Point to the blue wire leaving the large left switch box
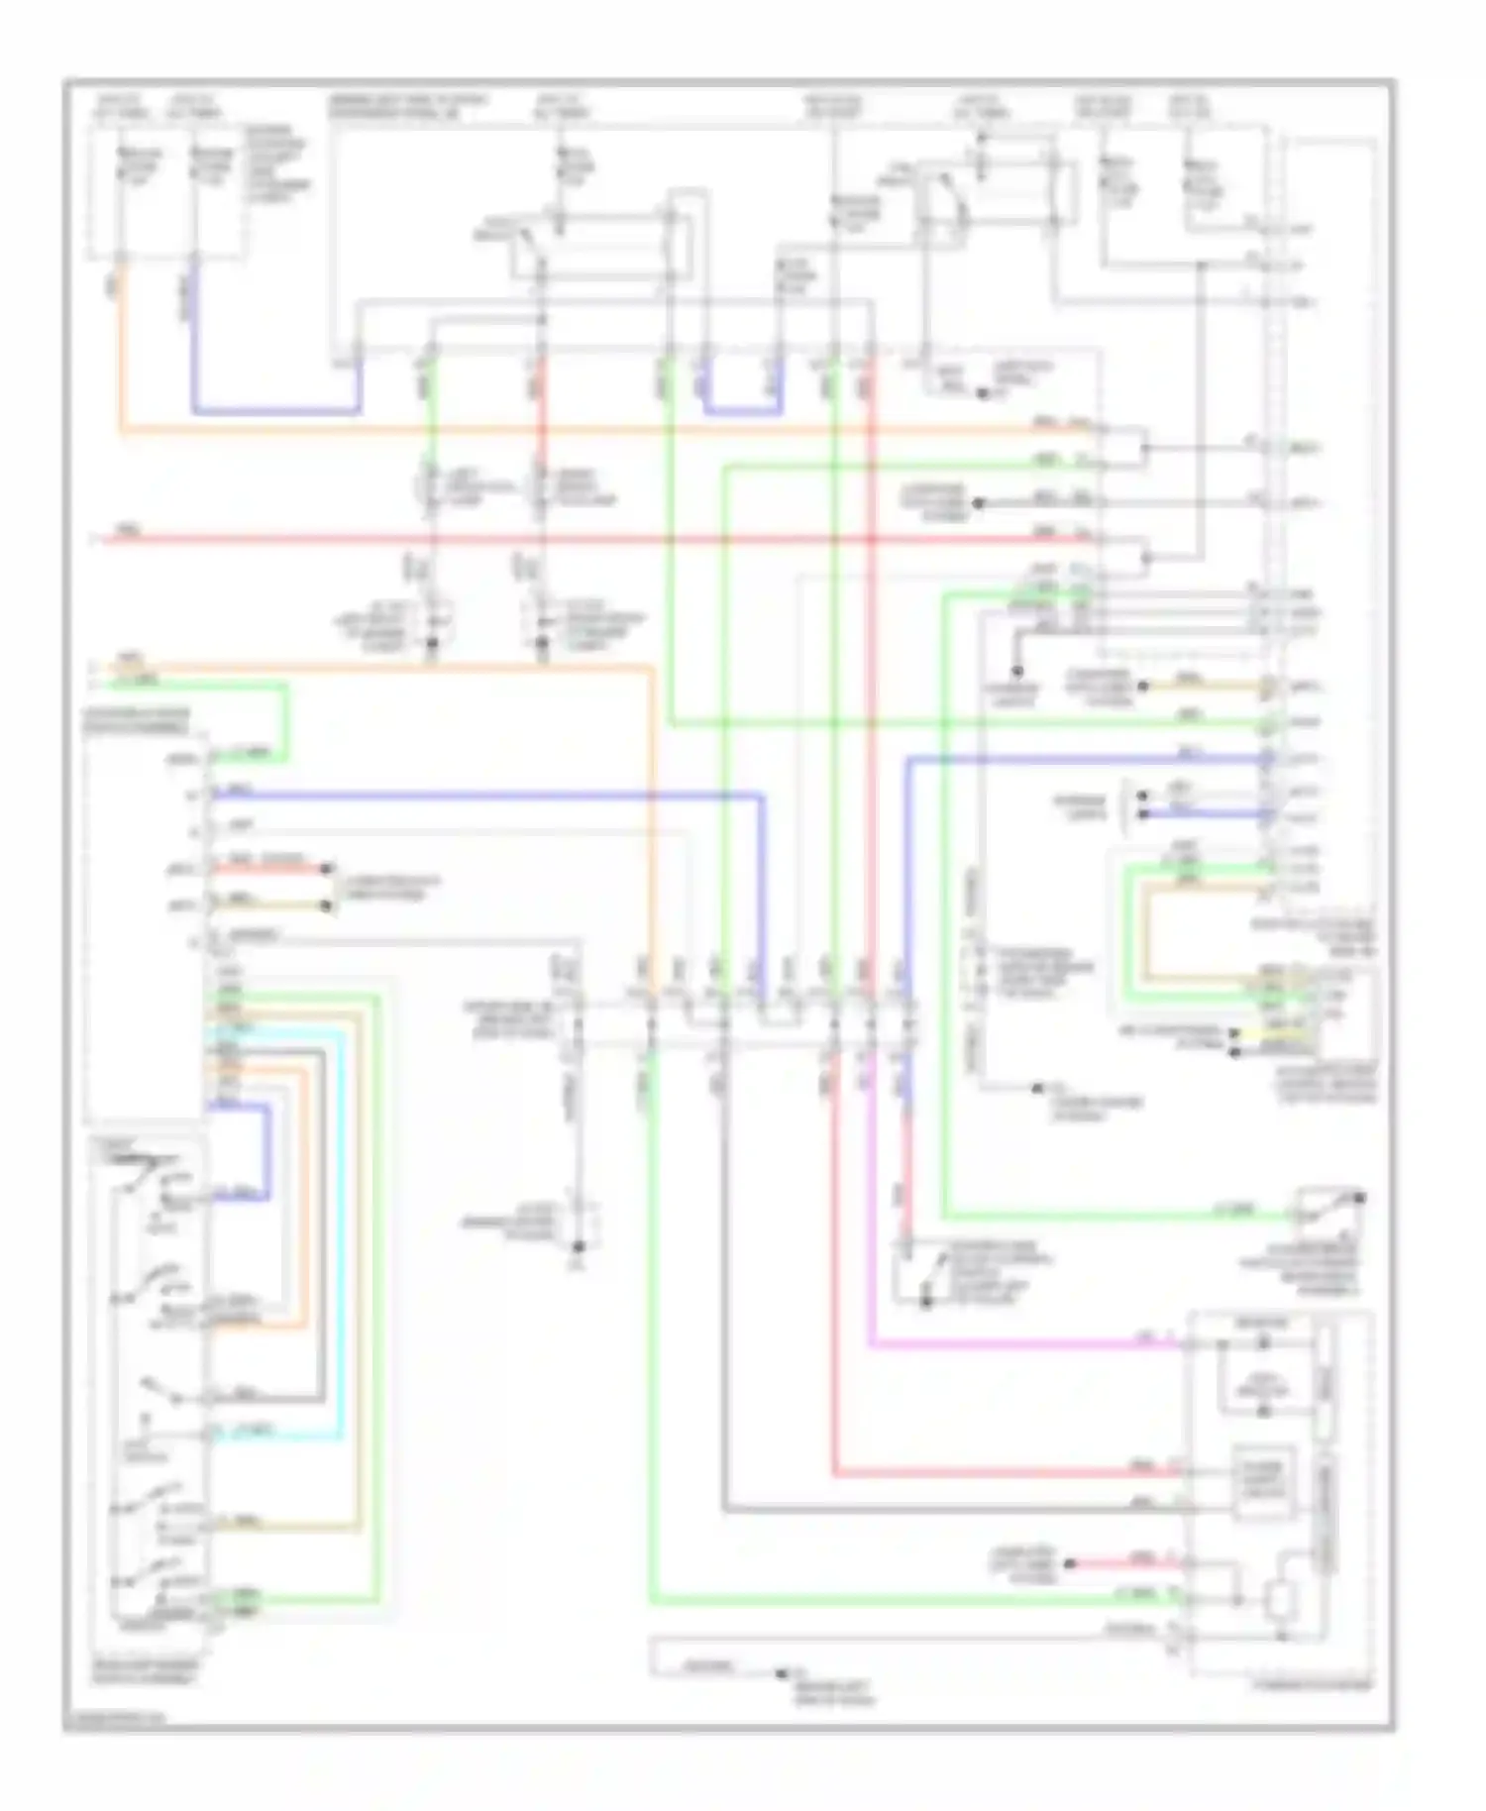click(495, 794)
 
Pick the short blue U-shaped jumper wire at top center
click(742, 410)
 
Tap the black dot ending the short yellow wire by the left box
click(330, 905)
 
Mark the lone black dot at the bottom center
click(782, 1672)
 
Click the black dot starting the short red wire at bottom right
click(1071, 1564)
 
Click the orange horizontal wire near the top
click(594, 430)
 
